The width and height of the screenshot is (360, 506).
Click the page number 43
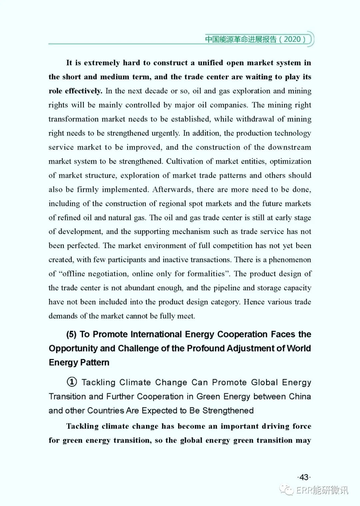pyautogui.click(x=304, y=477)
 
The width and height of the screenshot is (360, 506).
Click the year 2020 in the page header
pyautogui.click(x=292, y=39)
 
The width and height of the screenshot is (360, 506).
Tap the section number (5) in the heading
pyautogui.click(x=72, y=334)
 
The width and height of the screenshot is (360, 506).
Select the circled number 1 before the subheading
pyautogui.click(x=72, y=382)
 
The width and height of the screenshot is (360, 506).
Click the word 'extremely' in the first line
pyautogui.click(x=102, y=63)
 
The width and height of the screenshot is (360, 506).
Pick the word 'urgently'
pyautogui.click(x=165, y=133)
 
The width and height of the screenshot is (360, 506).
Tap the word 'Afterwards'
pyautogui.click(x=172, y=190)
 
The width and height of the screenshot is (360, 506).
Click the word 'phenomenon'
pyautogui.click(x=290, y=260)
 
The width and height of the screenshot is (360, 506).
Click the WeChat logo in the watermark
pyautogui.click(x=287, y=490)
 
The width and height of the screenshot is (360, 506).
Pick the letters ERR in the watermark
pyautogui.click(x=304, y=490)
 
